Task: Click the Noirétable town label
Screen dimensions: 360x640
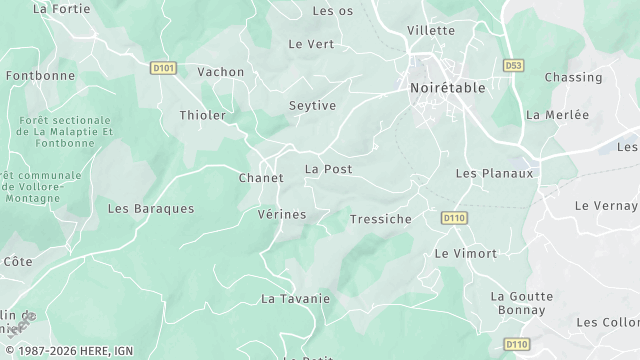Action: pos(447,87)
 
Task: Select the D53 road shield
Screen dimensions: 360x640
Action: pos(513,66)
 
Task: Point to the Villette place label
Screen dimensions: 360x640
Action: pos(431,30)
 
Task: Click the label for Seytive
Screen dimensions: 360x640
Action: pos(312,105)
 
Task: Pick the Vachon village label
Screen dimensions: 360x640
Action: pos(221,72)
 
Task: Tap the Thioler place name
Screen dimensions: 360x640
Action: pos(202,115)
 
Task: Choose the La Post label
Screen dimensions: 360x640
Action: pos(328,169)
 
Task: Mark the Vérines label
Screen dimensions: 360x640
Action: pos(282,214)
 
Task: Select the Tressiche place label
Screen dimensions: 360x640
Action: pos(381,219)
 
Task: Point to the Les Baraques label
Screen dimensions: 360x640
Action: pos(151,209)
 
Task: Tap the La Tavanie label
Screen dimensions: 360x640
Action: pos(295,298)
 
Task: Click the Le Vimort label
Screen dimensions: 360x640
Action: pos(465,253)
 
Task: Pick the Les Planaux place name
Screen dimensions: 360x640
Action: pos(494,173)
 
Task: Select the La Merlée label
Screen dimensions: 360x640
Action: pos(557,115)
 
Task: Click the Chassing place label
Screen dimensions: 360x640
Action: pos(573,77)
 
